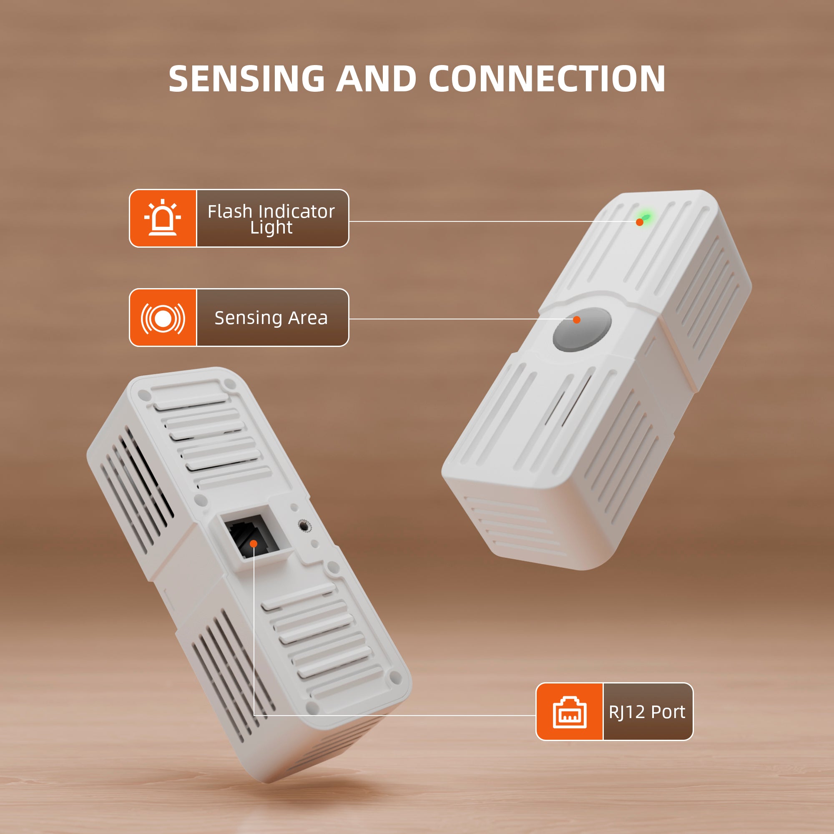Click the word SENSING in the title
click(x=246, y=79)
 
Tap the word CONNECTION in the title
click(x=547, y=79)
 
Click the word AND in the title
click(x=376, y=79)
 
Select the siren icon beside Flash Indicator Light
click(x=163, y=218)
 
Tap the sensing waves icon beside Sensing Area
click(x=163, y=318)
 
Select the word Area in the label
click(x=308, y=318)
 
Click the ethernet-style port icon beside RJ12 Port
click(x=569, y=712)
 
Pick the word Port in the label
click(x=668, y=712)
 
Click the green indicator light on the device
click(x=646, y=217)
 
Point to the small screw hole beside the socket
click(x=304, y=526)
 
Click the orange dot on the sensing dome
click(x=577, y=320)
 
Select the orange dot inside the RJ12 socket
click(x=254, y=544)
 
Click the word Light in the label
click(x=271, y=228)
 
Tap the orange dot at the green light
click(x=639, y=222)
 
